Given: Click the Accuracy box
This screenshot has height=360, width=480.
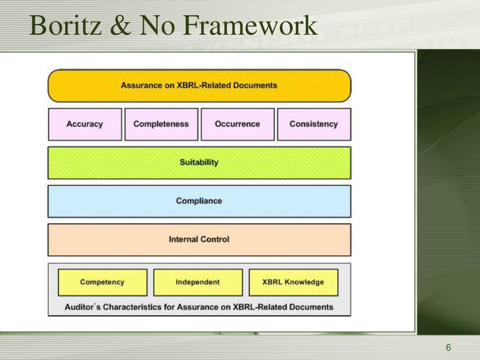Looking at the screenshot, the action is [85, 124].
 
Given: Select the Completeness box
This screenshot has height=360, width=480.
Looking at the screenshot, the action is [161, 124].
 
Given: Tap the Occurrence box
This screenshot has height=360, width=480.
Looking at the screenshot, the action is [237, 124].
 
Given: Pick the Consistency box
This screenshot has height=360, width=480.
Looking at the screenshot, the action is [314, 124].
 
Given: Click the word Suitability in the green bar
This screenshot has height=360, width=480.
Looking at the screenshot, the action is [199, 163].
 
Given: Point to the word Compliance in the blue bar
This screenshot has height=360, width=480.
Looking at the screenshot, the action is [199, 201].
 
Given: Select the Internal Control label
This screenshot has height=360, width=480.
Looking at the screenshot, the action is [199, 240].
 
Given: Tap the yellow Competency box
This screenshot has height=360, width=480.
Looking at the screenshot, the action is [102, 282].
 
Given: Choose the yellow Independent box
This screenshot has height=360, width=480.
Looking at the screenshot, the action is [198, 282].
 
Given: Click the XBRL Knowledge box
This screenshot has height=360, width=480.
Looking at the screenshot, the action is [293, 282].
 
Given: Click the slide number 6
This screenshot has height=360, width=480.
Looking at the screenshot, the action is [448, 347].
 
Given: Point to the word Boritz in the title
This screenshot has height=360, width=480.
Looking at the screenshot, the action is [66, 26].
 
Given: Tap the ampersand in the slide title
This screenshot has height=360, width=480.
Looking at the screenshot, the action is [121, 26].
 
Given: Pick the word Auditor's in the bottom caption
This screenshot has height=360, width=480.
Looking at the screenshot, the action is [82, 307].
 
